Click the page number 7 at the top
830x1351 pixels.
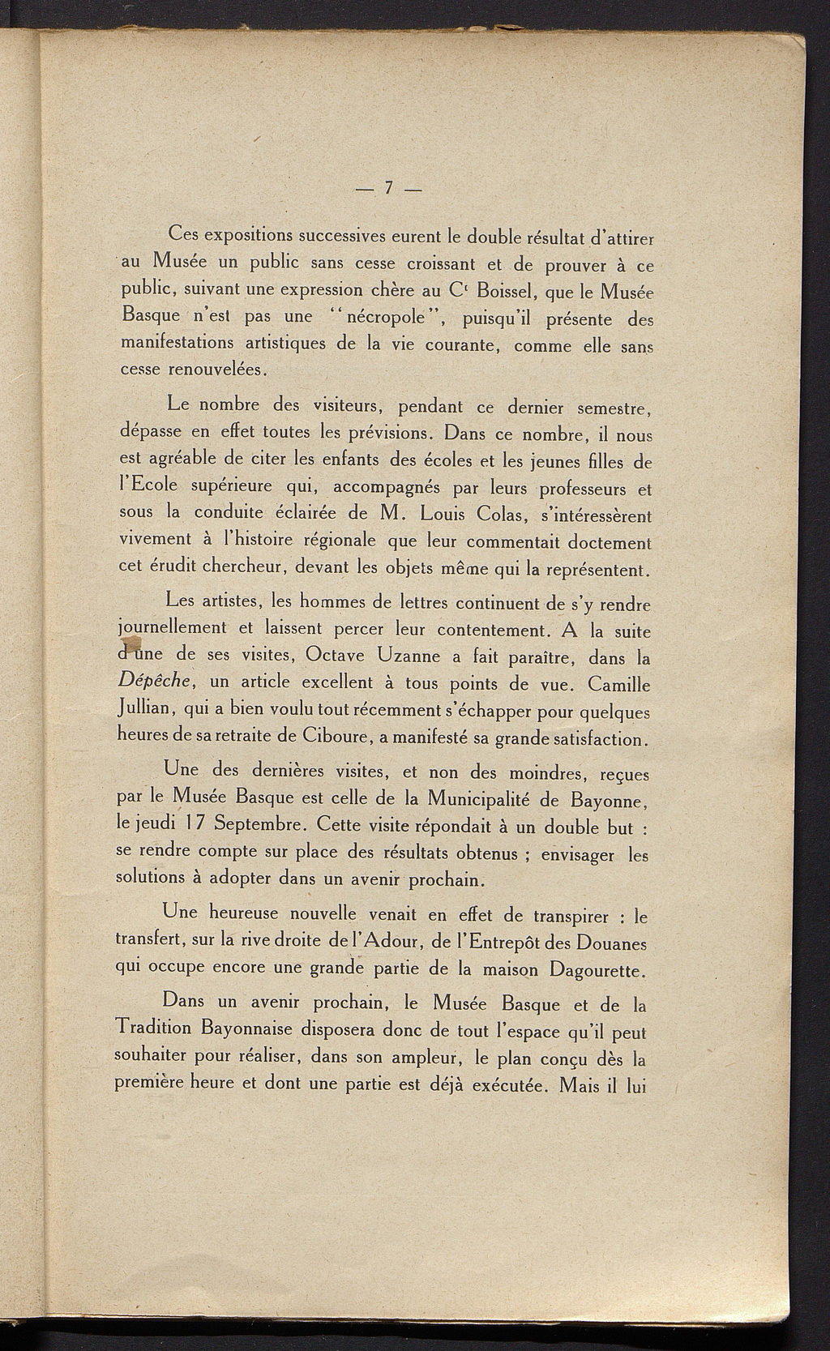pos(388,187)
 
